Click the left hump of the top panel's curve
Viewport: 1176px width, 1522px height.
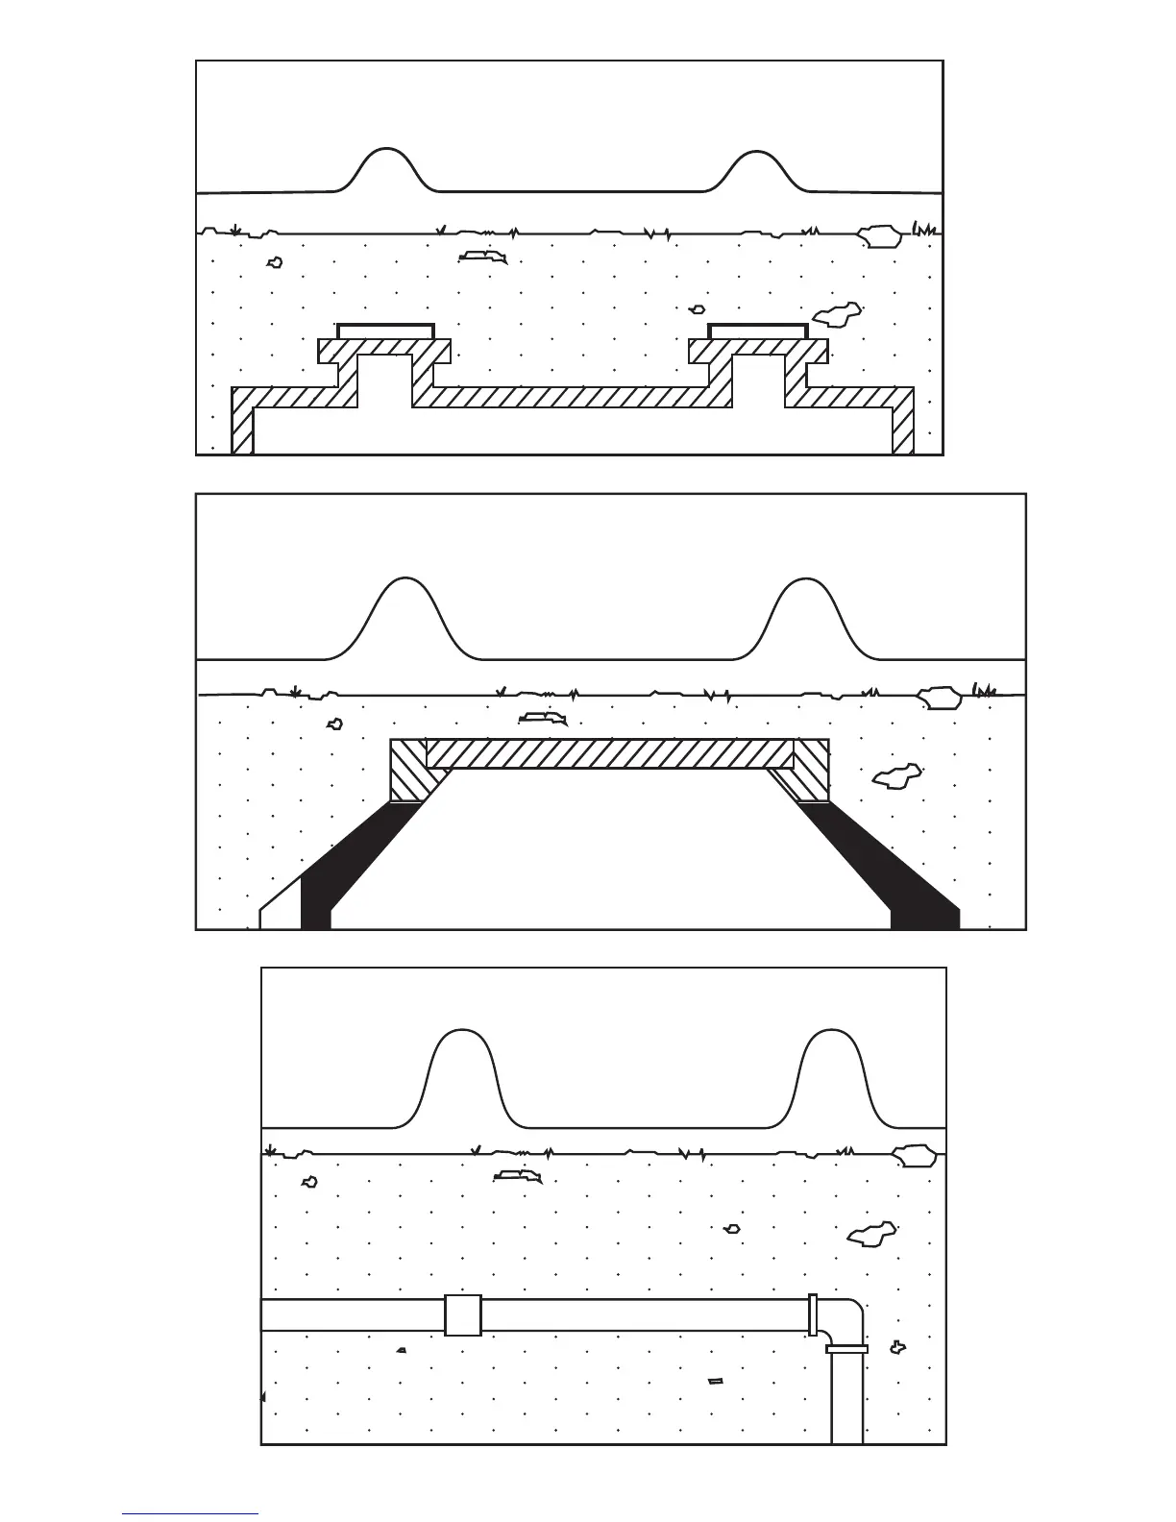[386, 163]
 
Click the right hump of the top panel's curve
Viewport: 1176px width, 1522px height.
[757, 166]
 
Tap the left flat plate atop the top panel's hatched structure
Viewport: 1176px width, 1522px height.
[386, 331]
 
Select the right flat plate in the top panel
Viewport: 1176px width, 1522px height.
[757, 331]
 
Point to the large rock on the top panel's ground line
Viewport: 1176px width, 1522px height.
[879, 234]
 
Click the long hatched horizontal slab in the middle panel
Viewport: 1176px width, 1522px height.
[610, 753]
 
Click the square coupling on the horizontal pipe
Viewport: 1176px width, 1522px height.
[463, 1315]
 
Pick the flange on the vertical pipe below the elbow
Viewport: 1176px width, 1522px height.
[846, 1349]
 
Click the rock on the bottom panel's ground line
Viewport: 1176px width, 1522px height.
[915, 1156]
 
